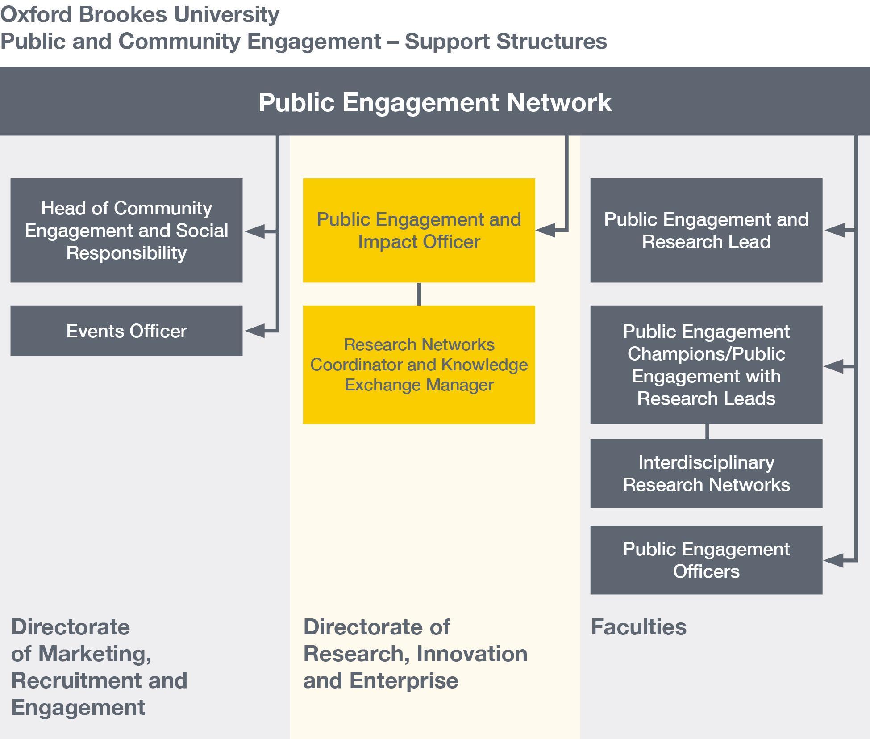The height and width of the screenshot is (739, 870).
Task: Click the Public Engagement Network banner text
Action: click(435, 102)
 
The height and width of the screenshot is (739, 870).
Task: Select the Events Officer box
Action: click(126, 331)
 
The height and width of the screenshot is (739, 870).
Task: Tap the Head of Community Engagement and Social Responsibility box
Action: click(126, 230)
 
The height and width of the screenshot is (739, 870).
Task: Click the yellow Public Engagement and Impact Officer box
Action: click(419, 230)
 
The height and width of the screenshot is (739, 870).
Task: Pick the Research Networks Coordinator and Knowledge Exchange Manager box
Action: click(419, 365)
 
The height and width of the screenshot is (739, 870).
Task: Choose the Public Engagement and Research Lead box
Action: click(706, 230)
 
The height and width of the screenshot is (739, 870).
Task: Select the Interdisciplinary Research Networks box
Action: click(706, 473)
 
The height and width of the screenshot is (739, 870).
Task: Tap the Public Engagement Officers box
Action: click(706, 560)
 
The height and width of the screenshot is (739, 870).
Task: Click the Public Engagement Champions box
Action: click(706, 365)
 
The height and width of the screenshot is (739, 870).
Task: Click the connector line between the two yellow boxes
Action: click(419, 294)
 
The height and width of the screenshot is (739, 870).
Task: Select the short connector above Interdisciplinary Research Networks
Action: click(707, 432)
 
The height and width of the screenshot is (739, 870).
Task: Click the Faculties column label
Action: click(638, 627)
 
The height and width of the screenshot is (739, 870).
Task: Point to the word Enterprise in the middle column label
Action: click(404, 680)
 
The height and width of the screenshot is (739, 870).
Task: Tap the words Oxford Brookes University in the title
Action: click(140, 14)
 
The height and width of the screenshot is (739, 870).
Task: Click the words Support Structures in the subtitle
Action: click(505, 41)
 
